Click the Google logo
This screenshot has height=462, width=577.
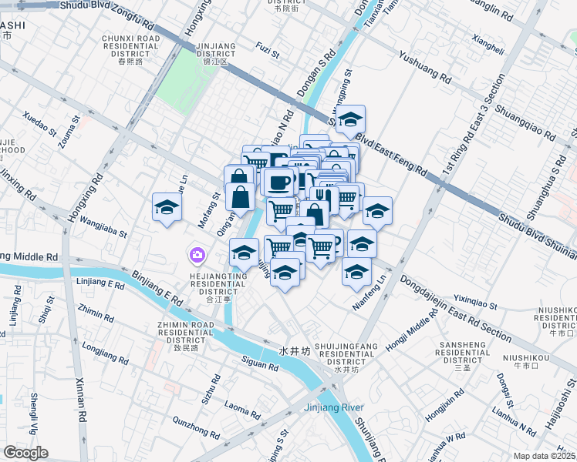[x=25, y=453]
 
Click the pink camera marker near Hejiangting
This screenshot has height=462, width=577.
[x=197, y=254]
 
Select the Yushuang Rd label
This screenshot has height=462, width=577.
[x=424, y=67]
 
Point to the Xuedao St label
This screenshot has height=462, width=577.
[x=40, y=123]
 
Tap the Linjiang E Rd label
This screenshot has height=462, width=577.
[x=101, y=284]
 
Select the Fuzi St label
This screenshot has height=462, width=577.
[x=268, y=51]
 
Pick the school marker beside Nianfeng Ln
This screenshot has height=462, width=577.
[x=356, y=271]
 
